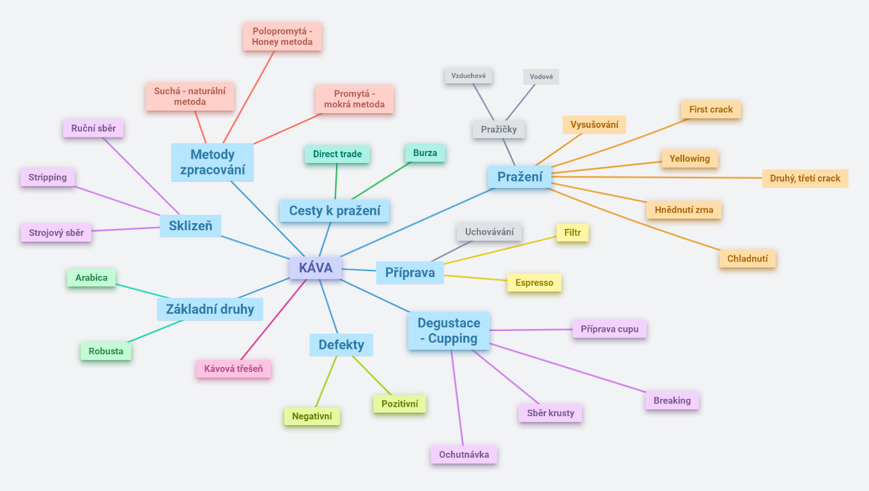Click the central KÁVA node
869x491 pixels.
click(316, 268)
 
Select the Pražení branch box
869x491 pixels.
click(519, 176)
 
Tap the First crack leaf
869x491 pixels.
click(711, 109)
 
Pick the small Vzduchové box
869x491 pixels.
click(468, 75)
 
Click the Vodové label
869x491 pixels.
click(541, 77)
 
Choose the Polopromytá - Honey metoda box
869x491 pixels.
click(282, 36)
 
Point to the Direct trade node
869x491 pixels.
click(337, 154)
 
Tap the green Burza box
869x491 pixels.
click(425, 153)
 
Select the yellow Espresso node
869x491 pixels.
click(534, 283)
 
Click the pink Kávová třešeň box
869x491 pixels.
click(233, 369)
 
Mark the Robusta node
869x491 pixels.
click(106, 351)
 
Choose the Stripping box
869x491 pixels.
click(48, 177)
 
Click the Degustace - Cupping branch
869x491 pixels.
click(449, 331)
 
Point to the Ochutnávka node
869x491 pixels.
click(464, 455)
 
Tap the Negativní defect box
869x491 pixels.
click(312, 416)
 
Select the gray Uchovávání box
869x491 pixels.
click(489, 231)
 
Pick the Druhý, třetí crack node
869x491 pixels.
click(805, 178)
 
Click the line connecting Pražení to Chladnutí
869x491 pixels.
click(639, 219)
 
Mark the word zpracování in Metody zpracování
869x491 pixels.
click(213, 171)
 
